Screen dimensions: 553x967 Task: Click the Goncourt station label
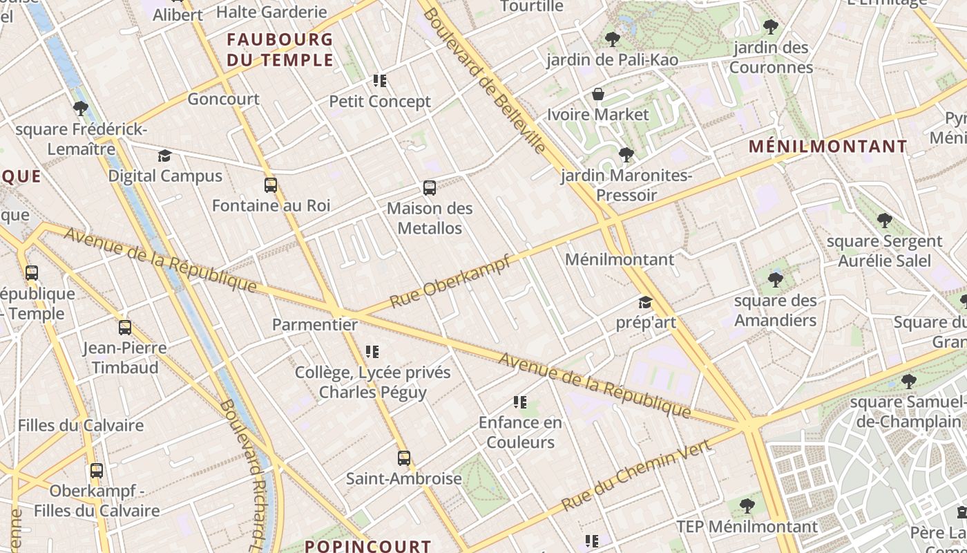224,99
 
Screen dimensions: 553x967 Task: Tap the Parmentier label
315,324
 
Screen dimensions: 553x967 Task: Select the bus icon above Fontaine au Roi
271,185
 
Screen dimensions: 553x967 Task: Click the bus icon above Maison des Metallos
430,188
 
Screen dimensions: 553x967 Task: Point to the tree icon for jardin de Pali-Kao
612,39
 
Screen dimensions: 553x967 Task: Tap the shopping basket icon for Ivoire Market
598,94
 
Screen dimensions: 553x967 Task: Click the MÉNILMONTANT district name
828,147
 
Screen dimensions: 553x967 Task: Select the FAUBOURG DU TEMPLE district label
280,49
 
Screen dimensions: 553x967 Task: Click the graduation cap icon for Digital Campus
164,156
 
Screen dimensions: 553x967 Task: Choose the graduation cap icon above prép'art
645,302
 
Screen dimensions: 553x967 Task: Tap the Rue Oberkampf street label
450,281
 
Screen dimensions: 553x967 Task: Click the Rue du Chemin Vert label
636,476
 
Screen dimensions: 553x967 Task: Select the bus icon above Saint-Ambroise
404,458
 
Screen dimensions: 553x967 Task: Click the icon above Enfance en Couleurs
520,402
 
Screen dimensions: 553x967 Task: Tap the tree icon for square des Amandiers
776,280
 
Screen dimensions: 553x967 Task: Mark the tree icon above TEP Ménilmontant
747,506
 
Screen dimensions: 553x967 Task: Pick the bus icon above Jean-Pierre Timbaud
125,328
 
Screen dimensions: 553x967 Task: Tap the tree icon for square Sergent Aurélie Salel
884,221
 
